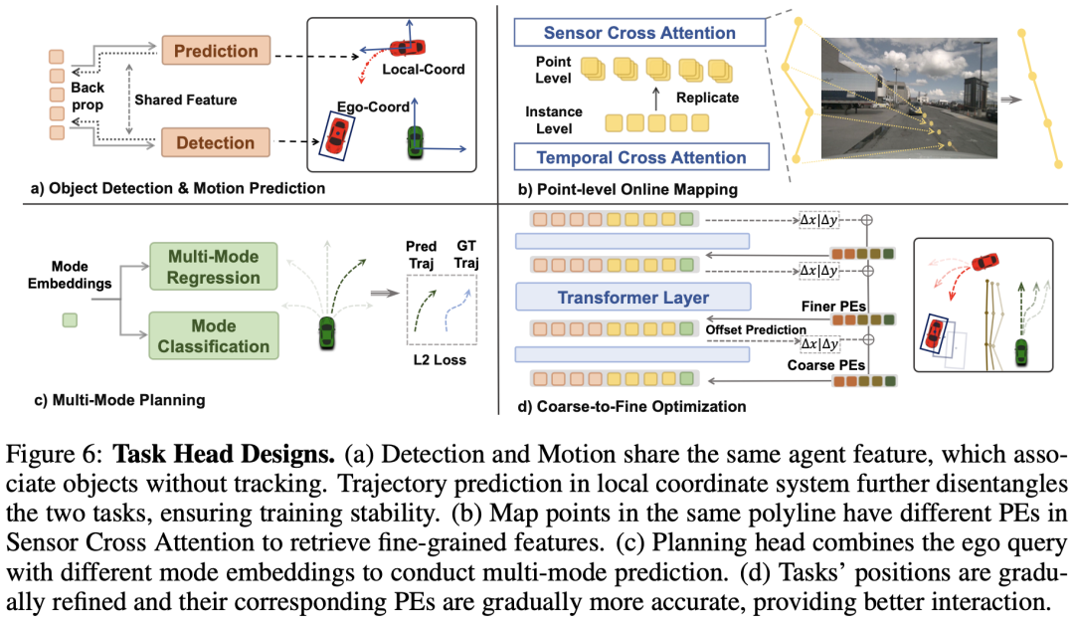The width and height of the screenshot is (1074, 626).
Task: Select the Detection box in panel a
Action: pos(215,142)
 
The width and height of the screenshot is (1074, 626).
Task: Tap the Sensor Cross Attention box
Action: pos(638,34)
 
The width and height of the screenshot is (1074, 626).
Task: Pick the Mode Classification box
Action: pos(214,335)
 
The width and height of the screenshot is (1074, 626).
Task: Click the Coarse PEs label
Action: pos(825,365)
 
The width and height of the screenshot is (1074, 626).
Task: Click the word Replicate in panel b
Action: pos(707,98)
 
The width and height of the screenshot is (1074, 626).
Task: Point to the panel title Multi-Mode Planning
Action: pos(119,400)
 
